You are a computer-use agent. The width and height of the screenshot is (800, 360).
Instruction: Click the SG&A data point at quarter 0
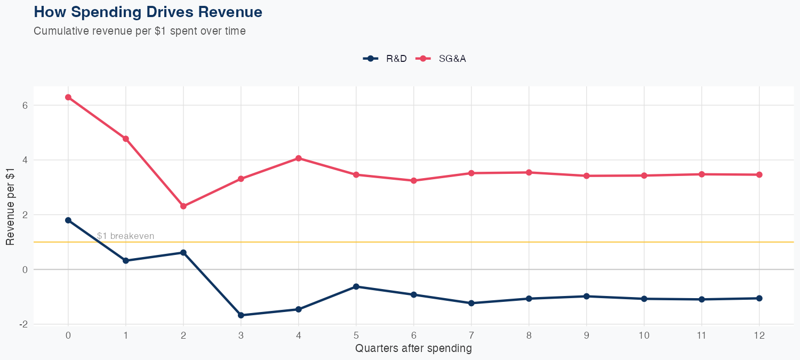point(68,97)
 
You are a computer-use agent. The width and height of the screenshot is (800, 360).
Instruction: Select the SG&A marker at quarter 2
point(183,206)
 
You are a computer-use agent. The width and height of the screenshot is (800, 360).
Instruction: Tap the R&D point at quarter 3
point(241,315)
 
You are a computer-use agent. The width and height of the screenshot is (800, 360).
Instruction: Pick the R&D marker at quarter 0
point(68,220)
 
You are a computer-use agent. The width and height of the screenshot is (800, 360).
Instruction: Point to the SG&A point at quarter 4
point(299,158)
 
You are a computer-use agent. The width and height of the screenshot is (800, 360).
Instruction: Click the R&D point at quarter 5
point(356,286)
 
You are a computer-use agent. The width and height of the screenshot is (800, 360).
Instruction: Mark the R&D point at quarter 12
point(759,298)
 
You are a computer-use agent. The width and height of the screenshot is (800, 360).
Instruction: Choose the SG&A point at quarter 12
point(759,174)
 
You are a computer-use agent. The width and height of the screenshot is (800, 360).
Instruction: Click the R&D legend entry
point(385,59)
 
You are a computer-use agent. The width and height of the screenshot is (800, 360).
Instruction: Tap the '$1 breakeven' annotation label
point(126,236)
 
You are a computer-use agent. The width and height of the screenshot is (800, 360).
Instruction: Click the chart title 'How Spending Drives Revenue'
point(148,12)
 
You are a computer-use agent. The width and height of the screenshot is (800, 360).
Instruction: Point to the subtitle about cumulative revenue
point(140,31)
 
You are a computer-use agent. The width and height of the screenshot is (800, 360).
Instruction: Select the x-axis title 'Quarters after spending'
point(413,349)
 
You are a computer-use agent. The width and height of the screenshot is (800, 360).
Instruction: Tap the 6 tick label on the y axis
point(25,105)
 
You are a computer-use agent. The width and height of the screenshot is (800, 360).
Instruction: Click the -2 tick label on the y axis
point(23,324)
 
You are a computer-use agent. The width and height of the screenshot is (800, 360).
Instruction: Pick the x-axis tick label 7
point(471,335)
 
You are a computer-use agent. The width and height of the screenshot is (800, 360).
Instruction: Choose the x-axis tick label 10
point(644,335)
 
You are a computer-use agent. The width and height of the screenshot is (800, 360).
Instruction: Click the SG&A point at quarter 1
point(126,139)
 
